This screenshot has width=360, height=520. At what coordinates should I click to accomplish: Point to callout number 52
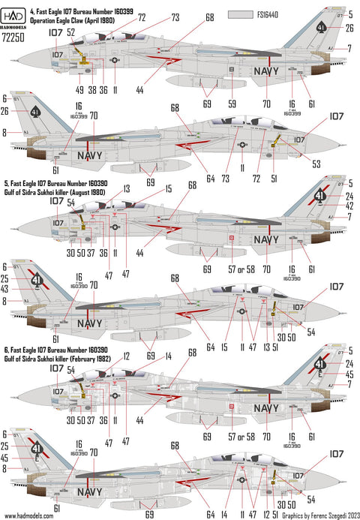70,33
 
